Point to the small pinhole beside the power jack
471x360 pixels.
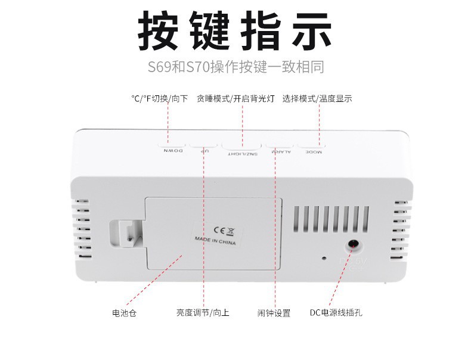tap(324, 259)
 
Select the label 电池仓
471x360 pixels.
tap(124, 313)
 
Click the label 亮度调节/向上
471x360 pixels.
tap(203, 313)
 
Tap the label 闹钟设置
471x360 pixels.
tap(274, 313)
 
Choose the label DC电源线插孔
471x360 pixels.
tap(338, 313)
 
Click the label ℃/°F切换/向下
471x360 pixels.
tap(160, 99)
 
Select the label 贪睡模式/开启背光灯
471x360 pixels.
tap(235, 99)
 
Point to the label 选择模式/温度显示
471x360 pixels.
tap(317, 99)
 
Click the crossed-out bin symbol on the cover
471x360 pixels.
tap(222, 230)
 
